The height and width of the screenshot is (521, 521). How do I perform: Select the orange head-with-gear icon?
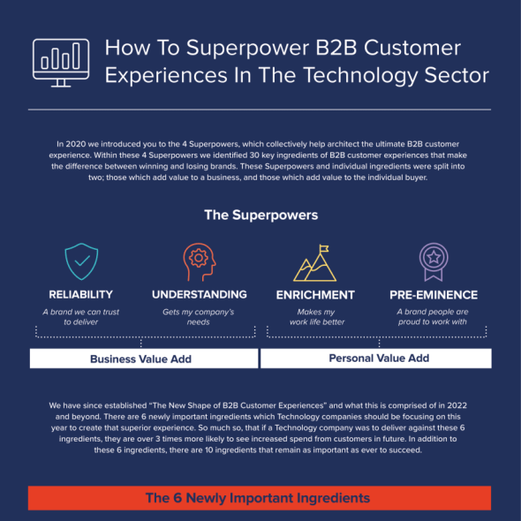200,261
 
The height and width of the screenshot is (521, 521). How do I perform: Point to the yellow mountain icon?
314,263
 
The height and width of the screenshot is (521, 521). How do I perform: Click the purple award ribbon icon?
434,261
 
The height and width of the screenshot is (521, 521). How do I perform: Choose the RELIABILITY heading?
80,294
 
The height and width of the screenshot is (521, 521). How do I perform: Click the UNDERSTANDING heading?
200,294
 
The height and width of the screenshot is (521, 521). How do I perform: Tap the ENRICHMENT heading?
315,295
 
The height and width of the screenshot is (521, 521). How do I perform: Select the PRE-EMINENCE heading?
434,295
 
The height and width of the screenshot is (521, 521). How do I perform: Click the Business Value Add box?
144,359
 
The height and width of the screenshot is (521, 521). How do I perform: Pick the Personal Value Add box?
376,359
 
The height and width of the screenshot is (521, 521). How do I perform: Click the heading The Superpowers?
261,215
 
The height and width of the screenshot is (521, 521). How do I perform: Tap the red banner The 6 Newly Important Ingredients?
260,498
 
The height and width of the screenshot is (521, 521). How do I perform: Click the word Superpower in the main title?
247,49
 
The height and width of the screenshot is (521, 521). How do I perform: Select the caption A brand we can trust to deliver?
80,317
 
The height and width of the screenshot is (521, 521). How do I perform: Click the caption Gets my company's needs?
199,317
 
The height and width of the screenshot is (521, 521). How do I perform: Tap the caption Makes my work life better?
317,317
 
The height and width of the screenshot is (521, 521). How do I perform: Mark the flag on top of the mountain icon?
323,248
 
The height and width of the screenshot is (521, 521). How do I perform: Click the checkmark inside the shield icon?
82,260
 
